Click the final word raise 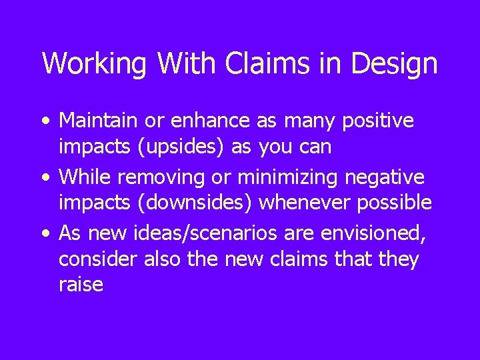point(81,285)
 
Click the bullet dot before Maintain point(43,122)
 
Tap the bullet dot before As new point(43,234)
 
